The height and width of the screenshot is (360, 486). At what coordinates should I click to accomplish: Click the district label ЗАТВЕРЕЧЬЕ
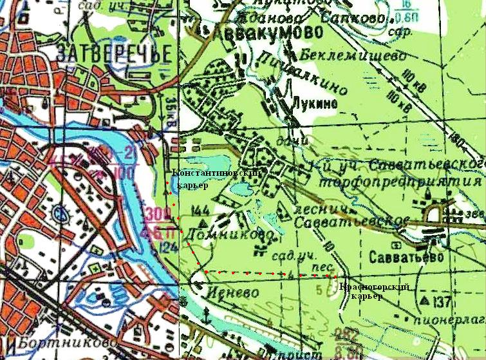pyautogui.click(x=114, y=54)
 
